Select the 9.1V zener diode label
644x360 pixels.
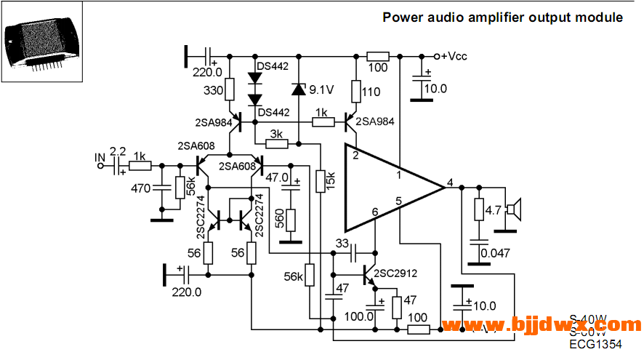pos(321,89)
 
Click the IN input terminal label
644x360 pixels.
pos(100,156)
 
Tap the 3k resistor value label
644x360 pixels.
pos(276,135)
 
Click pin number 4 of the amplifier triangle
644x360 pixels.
pos(451,182)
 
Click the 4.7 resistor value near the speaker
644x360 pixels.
pos(494,211)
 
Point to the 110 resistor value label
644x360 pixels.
pos(372,92)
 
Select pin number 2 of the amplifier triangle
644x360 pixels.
pos(355,156)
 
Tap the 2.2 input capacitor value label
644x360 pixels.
pos(117,151)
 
